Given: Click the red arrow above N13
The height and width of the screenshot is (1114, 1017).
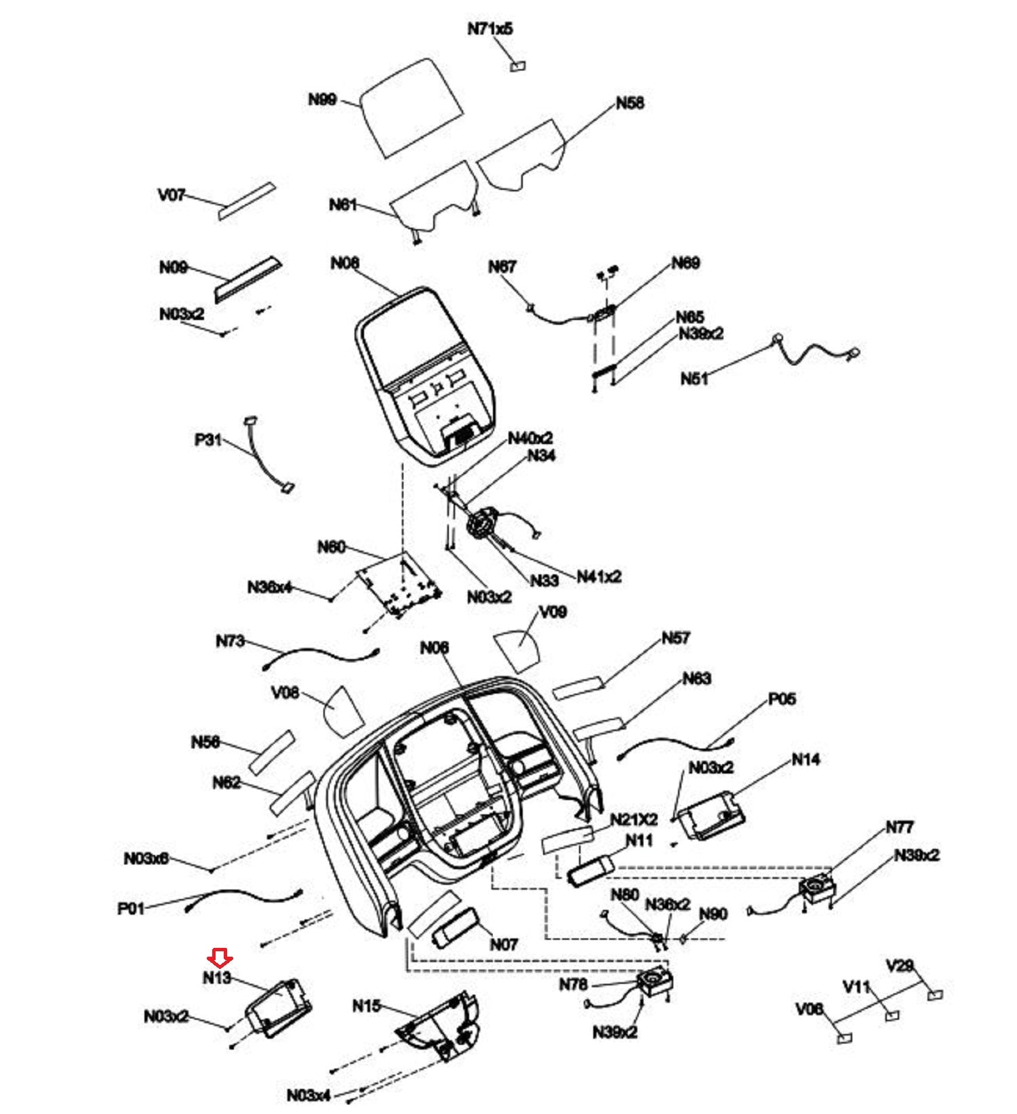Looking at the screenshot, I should point(220,957).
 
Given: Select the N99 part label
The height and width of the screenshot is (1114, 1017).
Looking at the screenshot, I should point(322,100).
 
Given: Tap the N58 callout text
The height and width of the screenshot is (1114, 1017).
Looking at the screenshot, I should point(630,103).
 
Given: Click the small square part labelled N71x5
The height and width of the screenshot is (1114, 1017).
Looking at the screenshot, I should point(519,66).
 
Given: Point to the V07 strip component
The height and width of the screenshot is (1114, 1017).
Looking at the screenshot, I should point(247,200).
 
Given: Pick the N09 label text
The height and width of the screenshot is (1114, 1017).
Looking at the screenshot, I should point(174,267).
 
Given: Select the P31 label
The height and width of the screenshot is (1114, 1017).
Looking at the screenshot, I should point(208,440).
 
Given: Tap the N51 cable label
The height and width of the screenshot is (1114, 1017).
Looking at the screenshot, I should point(694,378).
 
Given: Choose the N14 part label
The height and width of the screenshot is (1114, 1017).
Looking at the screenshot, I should point(805,760).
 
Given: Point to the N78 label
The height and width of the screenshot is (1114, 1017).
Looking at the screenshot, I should point(573,984).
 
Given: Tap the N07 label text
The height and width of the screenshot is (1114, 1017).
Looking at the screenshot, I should point(504,944).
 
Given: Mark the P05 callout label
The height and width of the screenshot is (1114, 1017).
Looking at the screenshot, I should point(782,698).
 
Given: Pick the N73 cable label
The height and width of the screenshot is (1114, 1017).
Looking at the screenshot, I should point(231,641).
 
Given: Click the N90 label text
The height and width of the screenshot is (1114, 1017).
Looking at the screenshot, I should point(713,914).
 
